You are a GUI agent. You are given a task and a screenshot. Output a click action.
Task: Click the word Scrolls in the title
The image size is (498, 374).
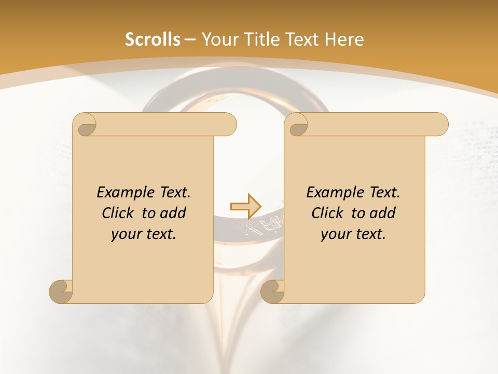point(153,39)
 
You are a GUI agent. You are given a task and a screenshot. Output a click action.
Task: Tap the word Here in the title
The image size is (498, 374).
point(344,39)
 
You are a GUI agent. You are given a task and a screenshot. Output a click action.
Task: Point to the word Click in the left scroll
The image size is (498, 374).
point(119,213)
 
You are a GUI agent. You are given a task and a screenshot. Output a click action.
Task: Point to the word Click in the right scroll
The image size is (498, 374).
point(328,213)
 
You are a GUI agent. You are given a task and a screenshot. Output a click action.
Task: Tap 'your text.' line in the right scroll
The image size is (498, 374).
point(353,234)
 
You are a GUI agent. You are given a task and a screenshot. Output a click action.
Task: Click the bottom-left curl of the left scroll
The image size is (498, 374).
point(61,291)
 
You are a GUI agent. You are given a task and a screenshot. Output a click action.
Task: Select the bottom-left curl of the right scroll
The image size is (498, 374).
point(272,291)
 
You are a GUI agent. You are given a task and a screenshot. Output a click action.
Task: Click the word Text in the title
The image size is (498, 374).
point(302,39)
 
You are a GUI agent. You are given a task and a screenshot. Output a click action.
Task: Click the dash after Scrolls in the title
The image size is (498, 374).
point(190,39)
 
